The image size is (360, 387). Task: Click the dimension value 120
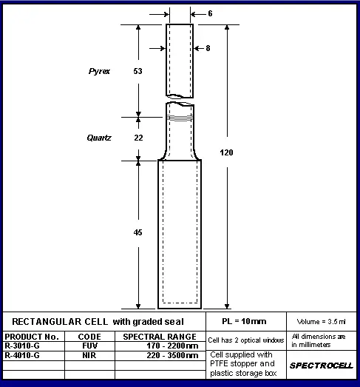(226, 152)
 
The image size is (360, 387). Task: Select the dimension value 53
(137, 71)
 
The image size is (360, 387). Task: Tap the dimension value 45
(137, 232)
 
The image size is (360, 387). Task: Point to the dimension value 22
(138, 138)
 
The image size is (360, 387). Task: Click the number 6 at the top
(210, 13)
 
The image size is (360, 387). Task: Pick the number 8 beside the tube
(208, 48)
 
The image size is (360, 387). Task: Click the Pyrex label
(99, 71)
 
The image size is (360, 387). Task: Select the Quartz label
(99, 138)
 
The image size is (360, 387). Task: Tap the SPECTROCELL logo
(322, 366)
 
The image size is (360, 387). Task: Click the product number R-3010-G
(22, 346)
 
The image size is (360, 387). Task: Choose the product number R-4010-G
(22, 355)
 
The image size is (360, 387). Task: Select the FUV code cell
(89, 346)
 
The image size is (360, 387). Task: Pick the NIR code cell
(89, 355)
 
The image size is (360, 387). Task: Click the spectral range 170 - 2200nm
(172, 346)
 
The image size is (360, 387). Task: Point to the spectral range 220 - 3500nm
(172, 355)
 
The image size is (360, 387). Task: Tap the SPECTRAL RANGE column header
(160, 337)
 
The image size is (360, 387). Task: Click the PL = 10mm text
(244, 321)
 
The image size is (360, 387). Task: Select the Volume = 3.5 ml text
(321, 322)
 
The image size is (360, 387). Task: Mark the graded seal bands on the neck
(180, 118)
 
